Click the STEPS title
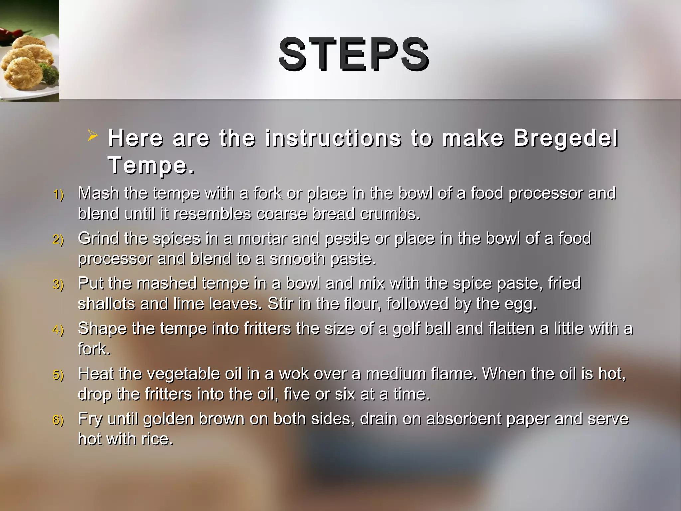tap(354, 54)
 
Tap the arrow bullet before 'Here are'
tap(93, 136)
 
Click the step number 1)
tap(58, 195)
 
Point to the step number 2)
tap(58, 240)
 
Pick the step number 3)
tap(58, 285)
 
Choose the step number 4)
tap(58, 330)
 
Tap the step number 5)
tap(58, 375)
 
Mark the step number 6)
tap(58, 420)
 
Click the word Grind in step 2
tap(98, 238)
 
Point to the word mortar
tap(262, 238)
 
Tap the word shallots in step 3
tap(106, 304)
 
